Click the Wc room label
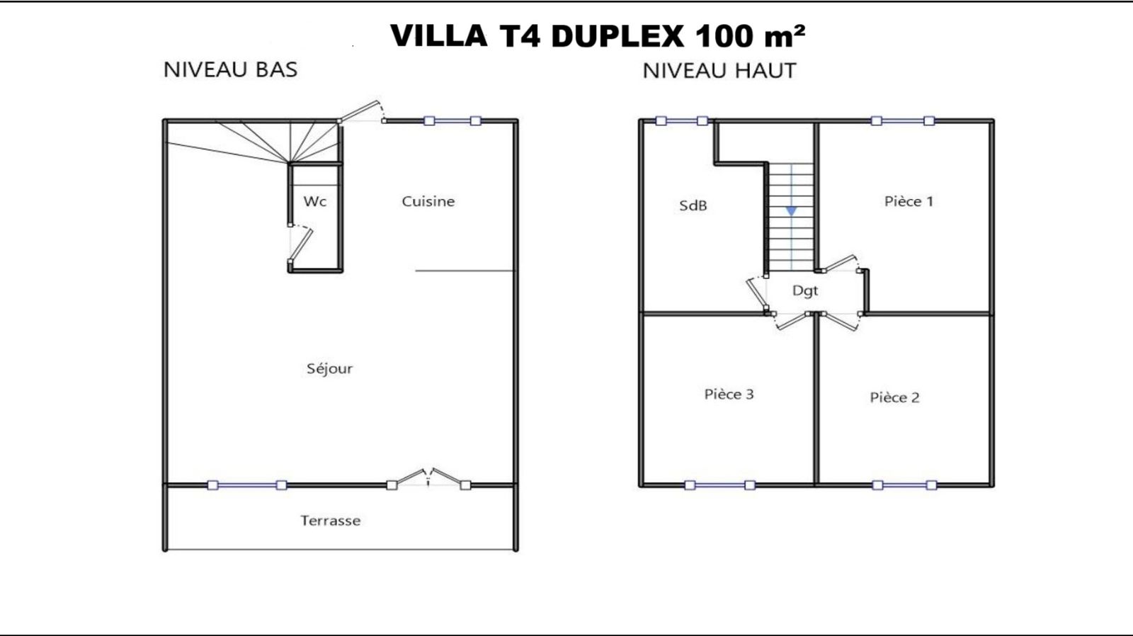[x=314, y=201]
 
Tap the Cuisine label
[x=428, y=201]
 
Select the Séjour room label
[x=330, y=368]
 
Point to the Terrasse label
[x=331, y=521]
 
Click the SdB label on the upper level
[x=693, y=205]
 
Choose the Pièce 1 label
[x=909, y=201]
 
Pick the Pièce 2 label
[x=895, y=398]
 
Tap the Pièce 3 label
[x=729, y=394]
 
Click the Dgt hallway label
[x=805, y=291]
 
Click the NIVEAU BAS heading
[x=231, y=70]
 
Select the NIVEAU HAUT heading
[x=719, y=71]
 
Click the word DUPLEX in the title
[x=617, y=36]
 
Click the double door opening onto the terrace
[x=428, y=479]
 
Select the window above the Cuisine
[x=452, y=121]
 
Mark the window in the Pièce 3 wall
[x=719, y=485]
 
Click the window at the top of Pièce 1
[x=903, y=121]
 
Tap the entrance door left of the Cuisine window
[x=360, y=112]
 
